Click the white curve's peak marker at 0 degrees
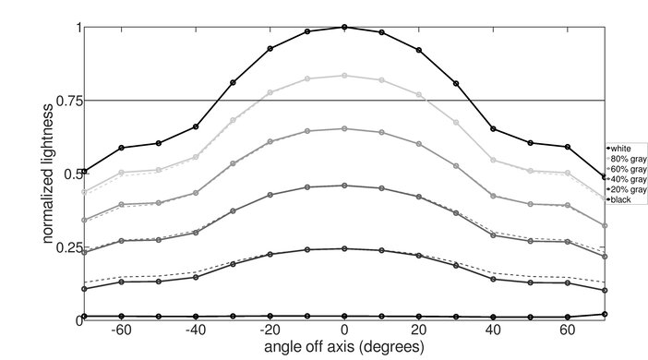[344, 28]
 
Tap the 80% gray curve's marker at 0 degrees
[344, 76]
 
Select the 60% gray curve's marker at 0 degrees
[344, 129]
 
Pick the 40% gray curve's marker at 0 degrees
[344, 186]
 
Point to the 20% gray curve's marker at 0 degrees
[344, 248]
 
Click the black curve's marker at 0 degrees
[344, 316]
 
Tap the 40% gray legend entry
[626, 179]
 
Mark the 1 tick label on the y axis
[77, 28]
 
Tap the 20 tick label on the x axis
[419, 330]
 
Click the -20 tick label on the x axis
[269, 330]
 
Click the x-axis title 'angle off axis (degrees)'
[343, 347]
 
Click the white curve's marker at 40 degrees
[494, 128]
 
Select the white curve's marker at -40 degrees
[195, 126]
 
